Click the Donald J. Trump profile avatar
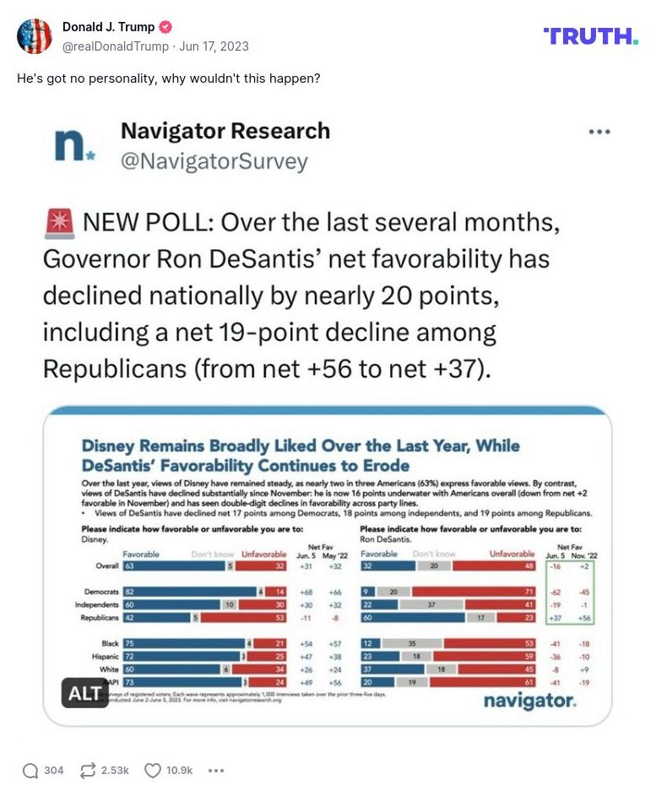point(35,35)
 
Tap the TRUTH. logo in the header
point(591,35)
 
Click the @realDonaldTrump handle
point(116,46)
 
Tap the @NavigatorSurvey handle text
point(214,160)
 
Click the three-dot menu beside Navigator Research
point(599,133)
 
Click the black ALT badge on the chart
point(84,693)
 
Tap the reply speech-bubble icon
point(30,770)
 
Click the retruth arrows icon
point(87,770)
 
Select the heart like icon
point(152,770)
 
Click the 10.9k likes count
point(179,770)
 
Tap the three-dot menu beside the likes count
point(216,770)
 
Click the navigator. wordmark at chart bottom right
point(529,701)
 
